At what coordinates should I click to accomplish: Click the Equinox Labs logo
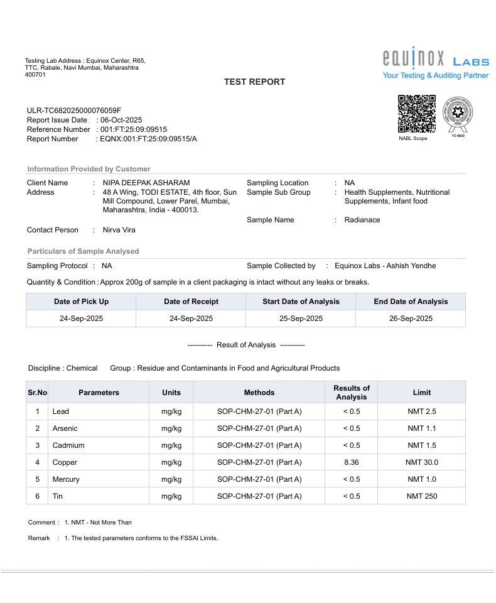click(x=435, y=60)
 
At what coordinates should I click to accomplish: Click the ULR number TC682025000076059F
click(x=74, y=111)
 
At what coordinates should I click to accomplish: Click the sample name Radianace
click(x=362, y=220)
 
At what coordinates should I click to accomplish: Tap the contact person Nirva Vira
click(x=119, y=230)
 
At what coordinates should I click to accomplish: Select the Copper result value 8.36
click(x=351, y=462)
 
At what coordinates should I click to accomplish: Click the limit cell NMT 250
click(x=421, y=496)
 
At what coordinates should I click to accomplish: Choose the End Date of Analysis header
click(x=411, y=301)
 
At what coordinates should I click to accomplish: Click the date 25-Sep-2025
click(x=301, y=318)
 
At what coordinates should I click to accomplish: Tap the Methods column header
click(x=259, y=393)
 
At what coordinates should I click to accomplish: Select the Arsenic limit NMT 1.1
click(x=421, y=428)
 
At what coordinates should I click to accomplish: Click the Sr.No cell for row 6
click(x=38, y=496)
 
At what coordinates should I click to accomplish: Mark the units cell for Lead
click(x=171, y=411)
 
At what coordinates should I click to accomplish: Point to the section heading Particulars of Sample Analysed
click(x=83, y=251)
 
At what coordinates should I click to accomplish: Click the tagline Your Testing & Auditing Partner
click(x=435, y=75)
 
